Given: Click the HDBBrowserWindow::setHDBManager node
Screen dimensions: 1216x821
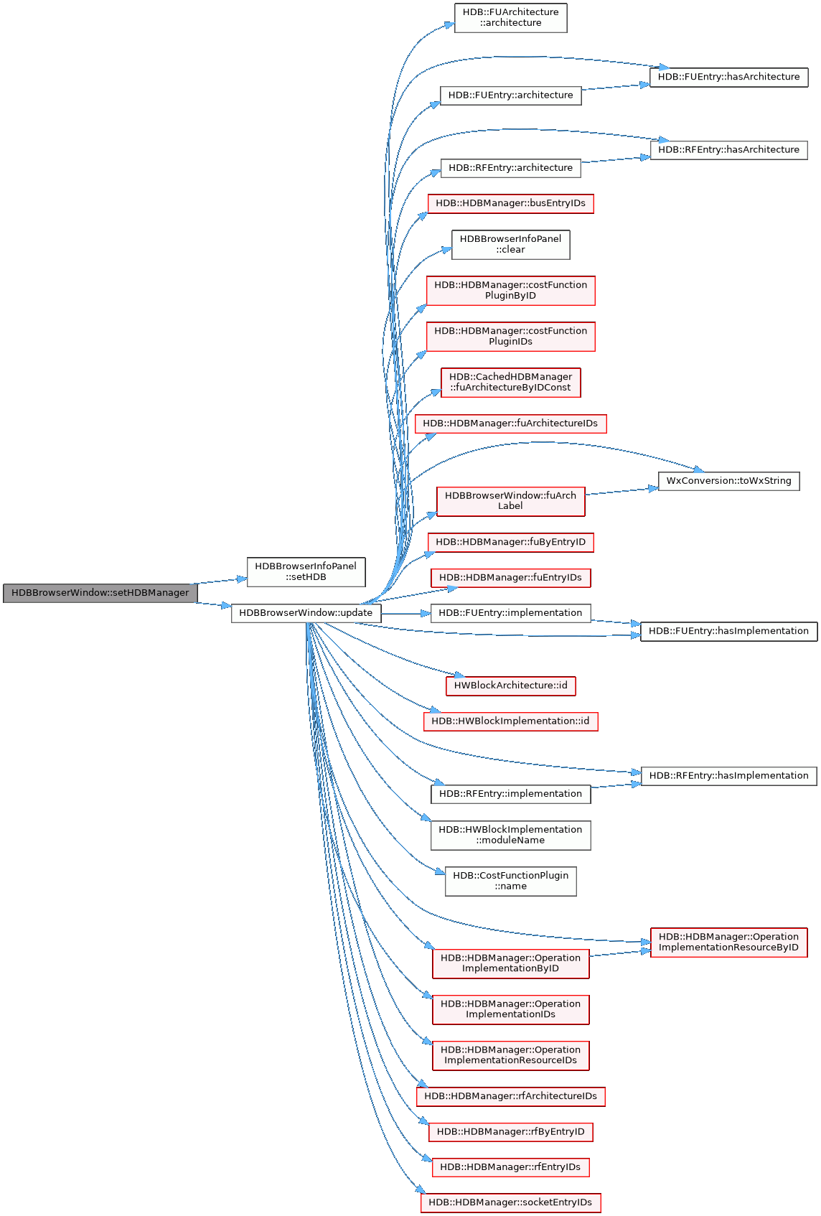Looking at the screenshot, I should point(100,593).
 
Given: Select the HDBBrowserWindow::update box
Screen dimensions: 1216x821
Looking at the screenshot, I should point(306,613).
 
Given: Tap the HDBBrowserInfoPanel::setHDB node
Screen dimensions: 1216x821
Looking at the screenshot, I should point(306,572).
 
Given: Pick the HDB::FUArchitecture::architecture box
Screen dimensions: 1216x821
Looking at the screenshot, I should point(510,18).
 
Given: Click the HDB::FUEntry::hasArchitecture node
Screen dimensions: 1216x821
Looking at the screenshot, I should point(728,77).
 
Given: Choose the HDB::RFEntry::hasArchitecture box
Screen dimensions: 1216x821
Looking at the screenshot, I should point(728,150).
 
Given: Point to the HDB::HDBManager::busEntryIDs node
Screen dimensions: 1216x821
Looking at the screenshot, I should point(510,204).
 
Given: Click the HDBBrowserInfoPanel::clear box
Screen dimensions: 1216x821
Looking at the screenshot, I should point(510,245).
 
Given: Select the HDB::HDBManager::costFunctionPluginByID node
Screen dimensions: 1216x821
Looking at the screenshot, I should point(510,291).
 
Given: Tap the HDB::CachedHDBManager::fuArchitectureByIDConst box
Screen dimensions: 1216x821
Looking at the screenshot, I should point(510,383).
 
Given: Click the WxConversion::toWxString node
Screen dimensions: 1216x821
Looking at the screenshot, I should point(728,481).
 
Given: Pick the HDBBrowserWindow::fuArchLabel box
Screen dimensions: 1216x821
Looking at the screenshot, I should point(510,501).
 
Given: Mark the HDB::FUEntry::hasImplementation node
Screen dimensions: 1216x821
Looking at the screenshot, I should point(728,632).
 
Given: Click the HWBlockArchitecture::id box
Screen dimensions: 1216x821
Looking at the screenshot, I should point(510,686).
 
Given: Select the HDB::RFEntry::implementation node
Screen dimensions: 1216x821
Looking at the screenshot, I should point(510,794).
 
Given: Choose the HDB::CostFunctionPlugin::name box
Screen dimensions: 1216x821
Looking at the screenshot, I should point(510,881).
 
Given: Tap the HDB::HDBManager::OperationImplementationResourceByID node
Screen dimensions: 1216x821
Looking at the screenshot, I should point(728,943).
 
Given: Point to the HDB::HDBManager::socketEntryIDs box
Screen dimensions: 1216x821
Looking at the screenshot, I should point(510,1203).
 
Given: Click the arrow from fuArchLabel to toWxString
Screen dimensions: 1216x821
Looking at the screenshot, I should point(621,491).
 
